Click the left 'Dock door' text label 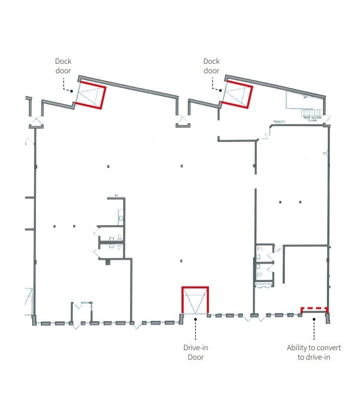(63, 66)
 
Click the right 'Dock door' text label (211, 66)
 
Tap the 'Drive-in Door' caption (195, 352)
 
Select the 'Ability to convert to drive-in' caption (314, 352)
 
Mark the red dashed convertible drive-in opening (314, 308)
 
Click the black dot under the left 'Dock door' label (72, 91)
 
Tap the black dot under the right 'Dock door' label (220, 90)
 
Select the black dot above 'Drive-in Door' (195, 319)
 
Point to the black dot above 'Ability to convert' (314, 319)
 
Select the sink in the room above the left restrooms (121, 218)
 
